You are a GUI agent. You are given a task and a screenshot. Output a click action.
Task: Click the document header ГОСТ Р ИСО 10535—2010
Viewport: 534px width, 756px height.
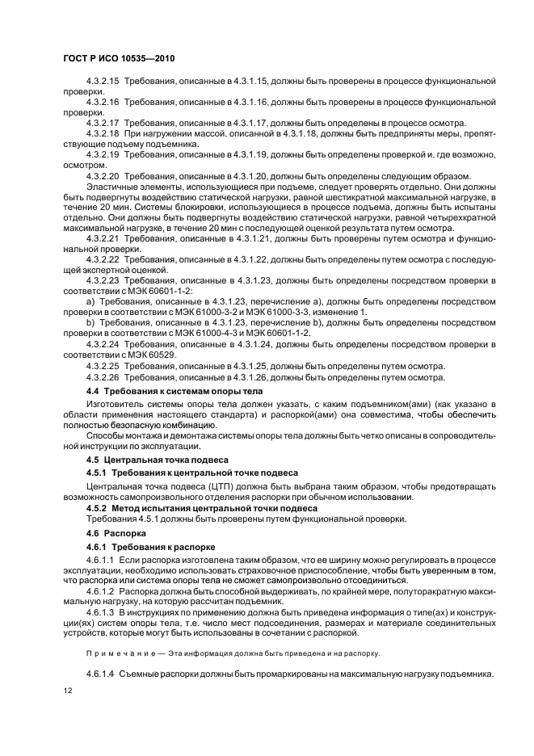click(119, 59)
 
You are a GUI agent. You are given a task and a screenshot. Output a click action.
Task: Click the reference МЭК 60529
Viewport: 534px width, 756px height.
click(150, 355)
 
